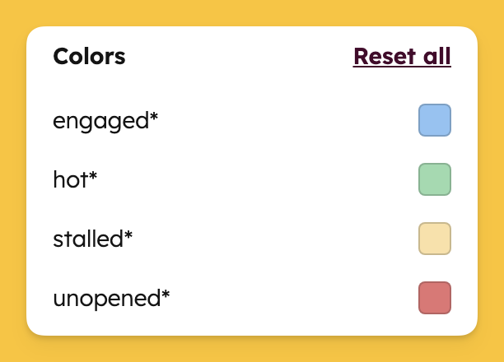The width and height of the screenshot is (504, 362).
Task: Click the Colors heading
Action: pos(89,56)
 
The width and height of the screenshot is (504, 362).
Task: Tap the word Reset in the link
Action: pos(385,56)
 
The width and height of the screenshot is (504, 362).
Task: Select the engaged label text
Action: pos(105,122)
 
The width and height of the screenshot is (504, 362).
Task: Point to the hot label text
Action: pos(75,179)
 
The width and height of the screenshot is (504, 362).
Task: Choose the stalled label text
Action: pos(92,239)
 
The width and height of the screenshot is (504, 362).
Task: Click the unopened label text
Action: pos(111,299)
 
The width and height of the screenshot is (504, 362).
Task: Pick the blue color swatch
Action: pos(435,120)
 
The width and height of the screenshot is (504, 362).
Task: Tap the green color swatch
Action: pos(435,179)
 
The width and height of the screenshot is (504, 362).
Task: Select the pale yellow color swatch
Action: pos(435,239)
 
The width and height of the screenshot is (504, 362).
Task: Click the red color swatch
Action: pos(435,298)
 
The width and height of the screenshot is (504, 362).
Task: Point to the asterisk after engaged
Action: pos(154,116)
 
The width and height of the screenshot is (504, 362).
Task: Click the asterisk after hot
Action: pos(93,174)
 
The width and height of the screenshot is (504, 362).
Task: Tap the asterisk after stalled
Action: pos(128,234)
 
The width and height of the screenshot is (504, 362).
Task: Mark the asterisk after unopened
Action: pos(166,293)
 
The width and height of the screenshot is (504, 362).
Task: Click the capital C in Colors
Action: pos(62,57)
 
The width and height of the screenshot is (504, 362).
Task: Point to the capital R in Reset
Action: pos(361,57)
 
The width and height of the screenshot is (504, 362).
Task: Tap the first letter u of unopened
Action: pos(60,299)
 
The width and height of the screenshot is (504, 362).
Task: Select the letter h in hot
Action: pos(60,179)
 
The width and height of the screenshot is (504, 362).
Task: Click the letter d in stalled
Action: pos(116,239)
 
